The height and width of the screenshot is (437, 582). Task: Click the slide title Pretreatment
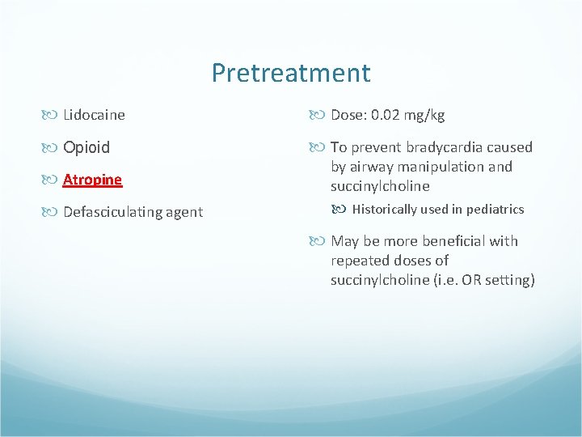[x=291, y=73]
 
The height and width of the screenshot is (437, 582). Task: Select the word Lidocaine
[x=94, y=115]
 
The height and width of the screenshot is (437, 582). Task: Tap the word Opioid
[x=86, y=147]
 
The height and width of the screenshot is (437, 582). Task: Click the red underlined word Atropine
[x=92, y=180]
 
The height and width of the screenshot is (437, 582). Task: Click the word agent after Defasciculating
[x=183, y=212]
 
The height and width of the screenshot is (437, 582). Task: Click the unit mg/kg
[x=426, y=115]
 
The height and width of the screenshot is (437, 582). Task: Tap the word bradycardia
[x=441, y=147]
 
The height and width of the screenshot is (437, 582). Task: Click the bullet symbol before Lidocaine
[x=53, y=115]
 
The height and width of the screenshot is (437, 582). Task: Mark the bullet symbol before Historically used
[x=343, y=210]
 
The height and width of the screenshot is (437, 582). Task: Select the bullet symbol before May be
[x=321, y=241]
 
